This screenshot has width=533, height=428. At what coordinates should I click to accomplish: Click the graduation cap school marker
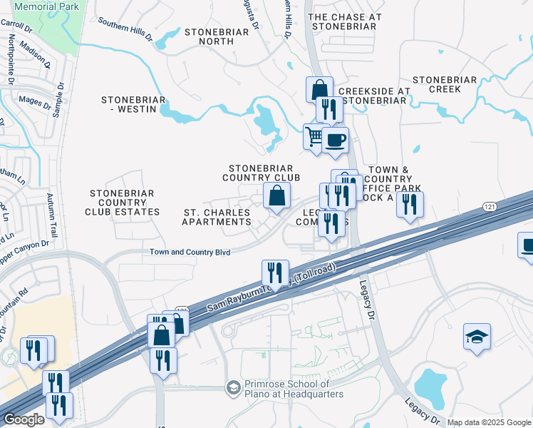[477, 337]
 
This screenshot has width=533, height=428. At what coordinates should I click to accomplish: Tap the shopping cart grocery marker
[314, 136]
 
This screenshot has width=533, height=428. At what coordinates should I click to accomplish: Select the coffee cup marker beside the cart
[335, 138]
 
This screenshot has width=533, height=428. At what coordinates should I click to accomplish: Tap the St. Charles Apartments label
[217, 218]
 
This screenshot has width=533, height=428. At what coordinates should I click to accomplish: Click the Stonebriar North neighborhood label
[217, 36]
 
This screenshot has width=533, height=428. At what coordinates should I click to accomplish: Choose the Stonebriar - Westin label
[133, 105]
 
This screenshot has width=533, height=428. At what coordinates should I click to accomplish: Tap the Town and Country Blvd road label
[190, 252]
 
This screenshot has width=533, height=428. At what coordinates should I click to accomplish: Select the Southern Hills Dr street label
[125, 29]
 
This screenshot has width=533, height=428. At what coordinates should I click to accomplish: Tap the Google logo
[23, 419]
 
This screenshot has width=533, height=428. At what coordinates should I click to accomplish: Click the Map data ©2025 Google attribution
[488, 422]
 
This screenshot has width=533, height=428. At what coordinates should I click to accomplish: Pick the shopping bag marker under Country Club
[276, 195]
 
